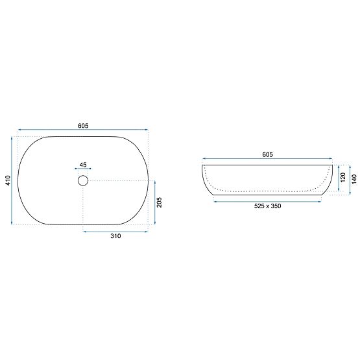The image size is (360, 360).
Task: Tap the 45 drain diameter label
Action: coord(83,165)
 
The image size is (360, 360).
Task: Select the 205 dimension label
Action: coord(159,203)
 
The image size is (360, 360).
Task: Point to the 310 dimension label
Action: coord(115,237)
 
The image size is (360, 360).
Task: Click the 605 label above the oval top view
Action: coord(83,126)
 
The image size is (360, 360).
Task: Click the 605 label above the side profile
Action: coord(267,155)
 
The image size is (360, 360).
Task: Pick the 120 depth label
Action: coord(344,176)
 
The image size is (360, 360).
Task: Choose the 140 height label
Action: coord(354,179)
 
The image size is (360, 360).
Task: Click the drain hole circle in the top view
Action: coord(83,181)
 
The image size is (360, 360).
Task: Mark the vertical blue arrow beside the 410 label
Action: coord(12,181)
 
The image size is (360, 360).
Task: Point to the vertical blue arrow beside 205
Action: coord(153,203)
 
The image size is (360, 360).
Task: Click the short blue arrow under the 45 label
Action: coord(83,171)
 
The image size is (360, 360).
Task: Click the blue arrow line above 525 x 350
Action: coord(267,201)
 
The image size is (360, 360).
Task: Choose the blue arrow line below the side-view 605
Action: coord(267,160)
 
